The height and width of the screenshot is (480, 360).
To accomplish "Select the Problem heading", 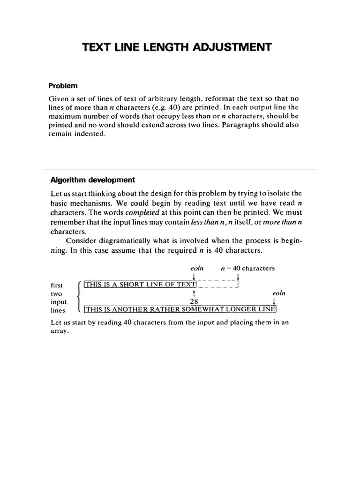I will [63, 86].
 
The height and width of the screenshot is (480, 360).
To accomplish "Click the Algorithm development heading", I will [92, 180].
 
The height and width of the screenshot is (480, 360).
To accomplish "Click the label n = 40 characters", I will [247, 269].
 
